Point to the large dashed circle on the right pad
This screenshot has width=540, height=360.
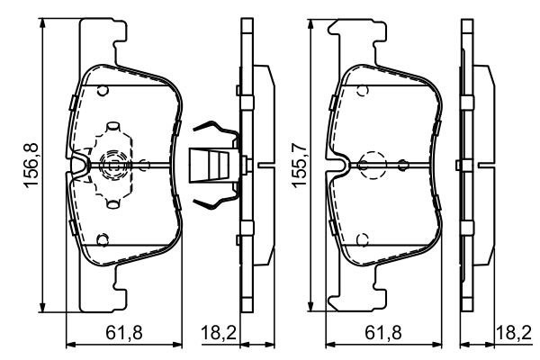[x=371, y=166]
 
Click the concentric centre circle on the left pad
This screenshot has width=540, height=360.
[x=112, y=165]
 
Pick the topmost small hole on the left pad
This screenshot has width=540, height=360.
[x=103, y=89]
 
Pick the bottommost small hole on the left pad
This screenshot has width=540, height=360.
[x=103, y=239]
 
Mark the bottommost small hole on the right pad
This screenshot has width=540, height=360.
[x=361, y=239]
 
